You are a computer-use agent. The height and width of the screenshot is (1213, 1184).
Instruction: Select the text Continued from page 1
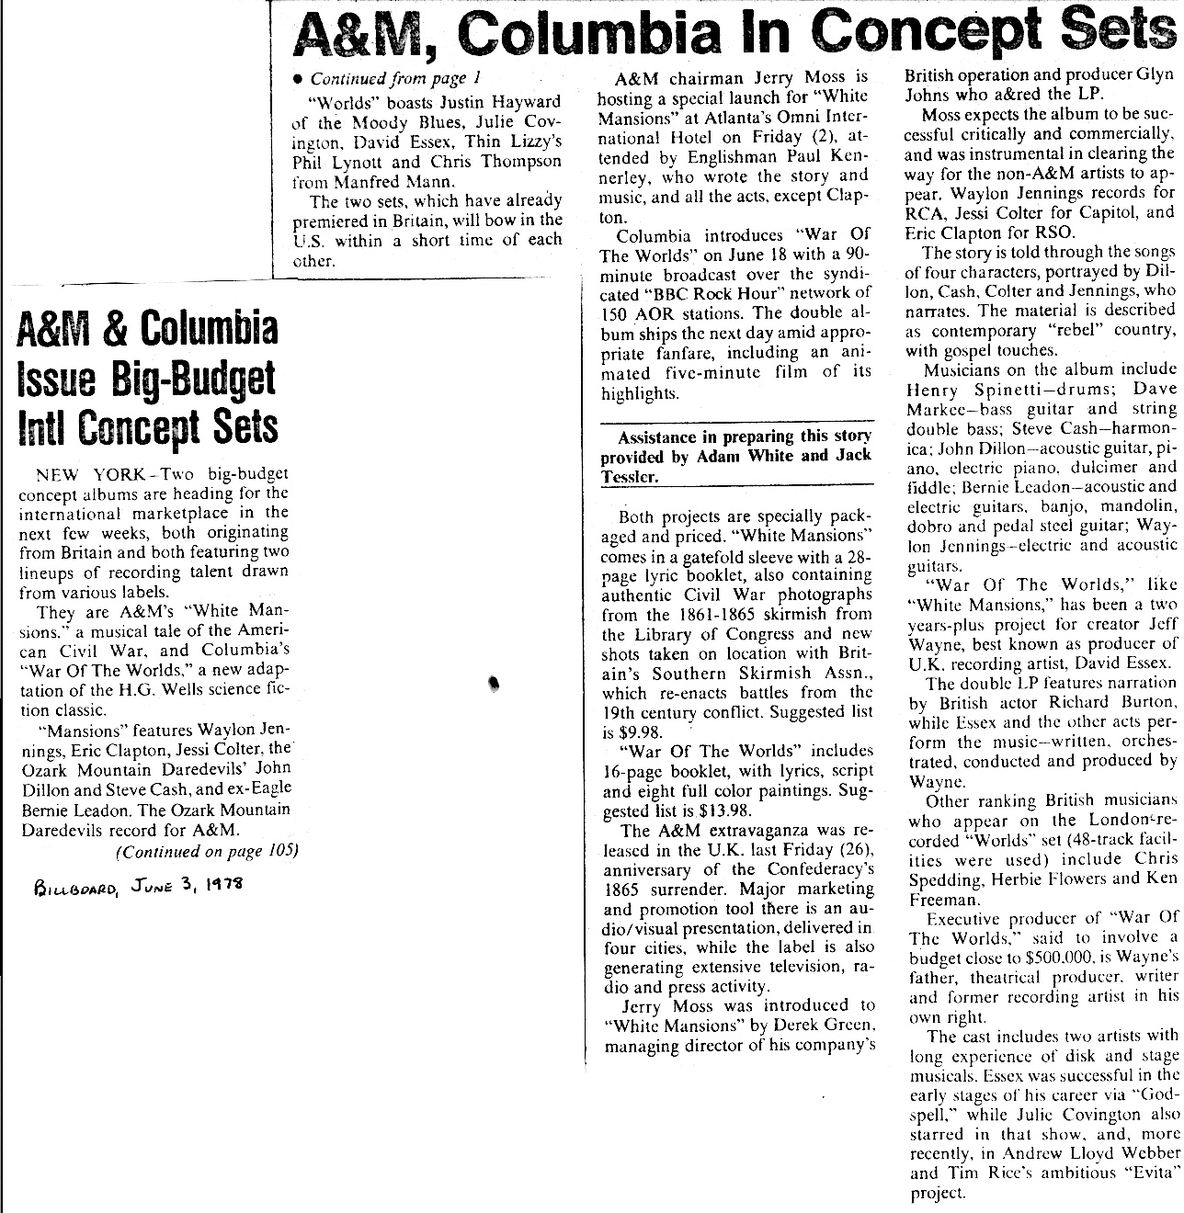396,78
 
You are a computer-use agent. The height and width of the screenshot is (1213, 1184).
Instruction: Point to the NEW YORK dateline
89,474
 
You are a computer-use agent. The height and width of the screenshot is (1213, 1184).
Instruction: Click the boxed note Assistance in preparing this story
735,457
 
